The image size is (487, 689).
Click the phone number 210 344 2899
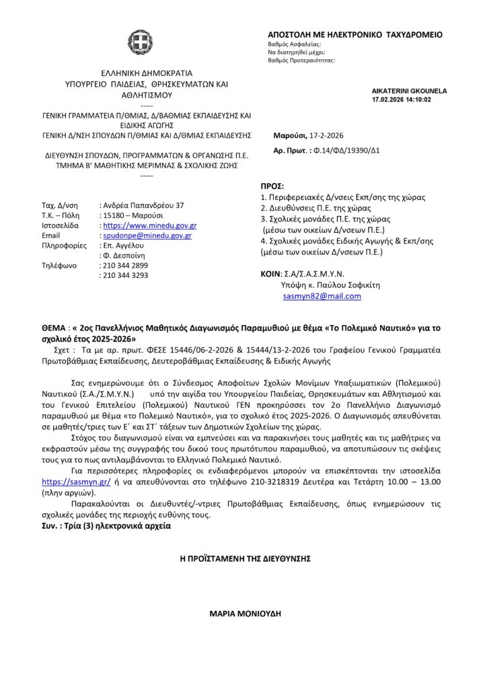point(124,266)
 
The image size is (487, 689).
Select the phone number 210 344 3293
point(124,276)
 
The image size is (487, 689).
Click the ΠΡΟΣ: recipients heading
point(272,186)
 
